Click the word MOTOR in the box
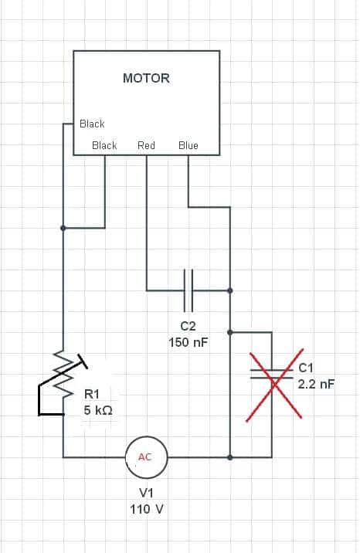146,78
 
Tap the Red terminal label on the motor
146,145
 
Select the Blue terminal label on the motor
188,145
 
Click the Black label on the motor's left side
92,124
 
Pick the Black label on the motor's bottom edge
104,145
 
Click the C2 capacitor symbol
188,290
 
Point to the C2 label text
188,326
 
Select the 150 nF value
188,342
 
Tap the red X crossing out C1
274,385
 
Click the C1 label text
306,368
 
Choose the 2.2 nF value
316,384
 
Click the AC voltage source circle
146,457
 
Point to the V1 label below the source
146,493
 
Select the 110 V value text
147,509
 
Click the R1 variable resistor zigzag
63,374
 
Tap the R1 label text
92,394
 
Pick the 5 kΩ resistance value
98,410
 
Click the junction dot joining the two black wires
63,228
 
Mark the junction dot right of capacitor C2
230,290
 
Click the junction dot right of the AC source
230,457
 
